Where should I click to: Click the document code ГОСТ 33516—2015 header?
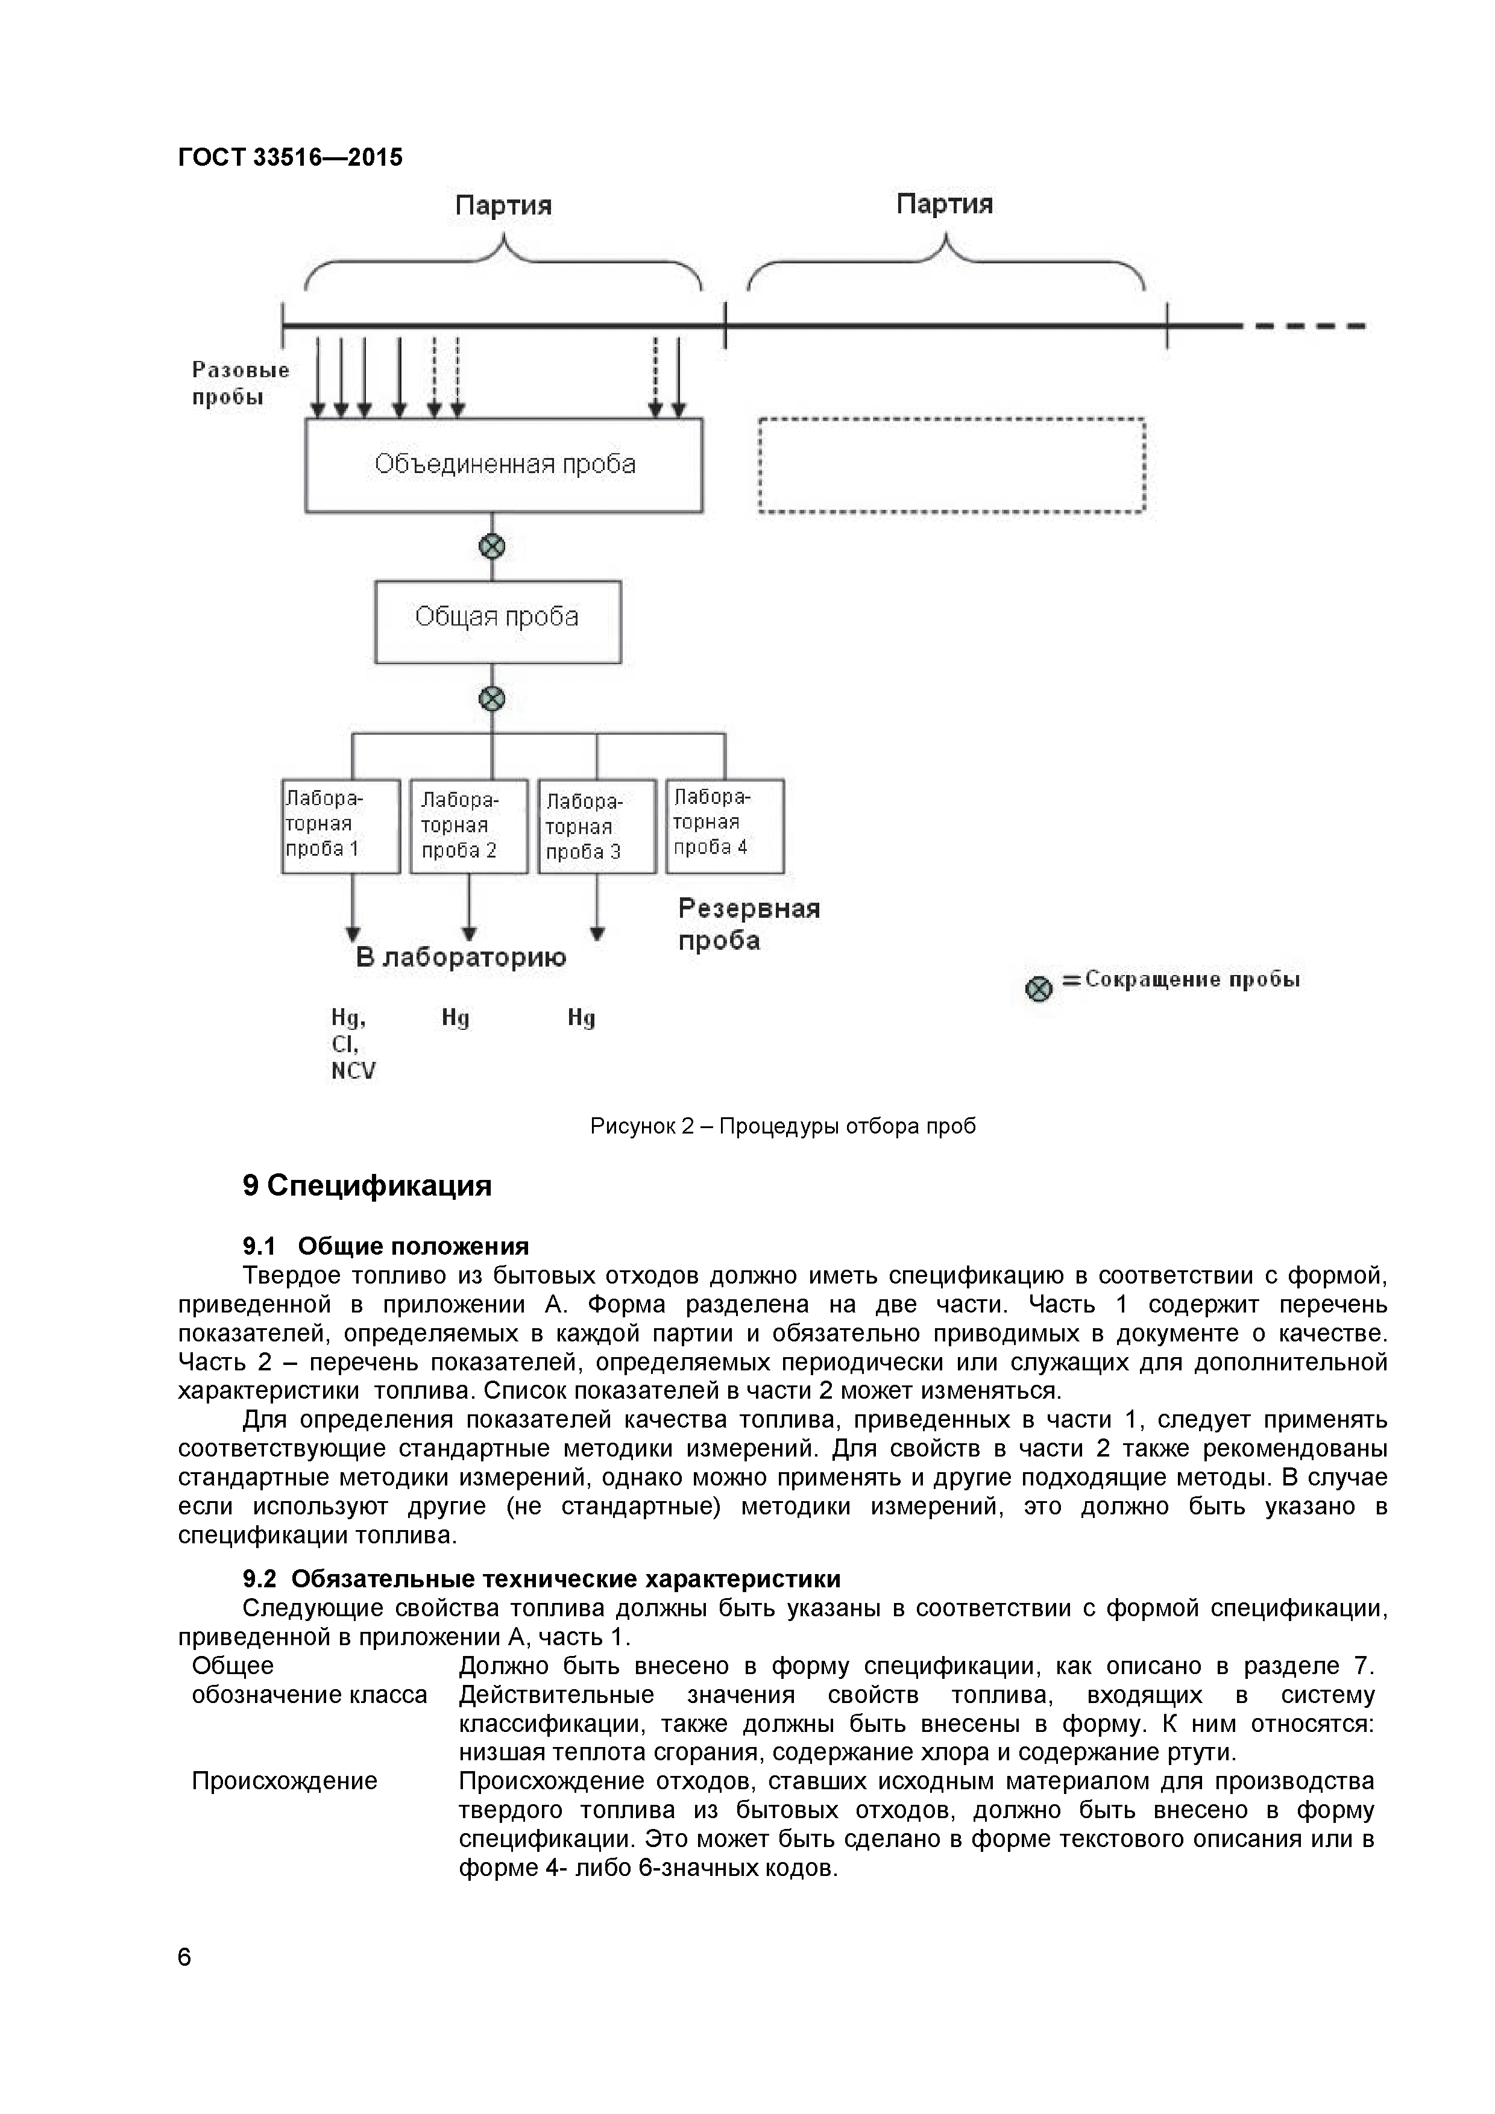pos(290,157)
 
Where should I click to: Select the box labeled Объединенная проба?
pos(504,465)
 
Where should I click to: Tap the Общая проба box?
pos(497,621)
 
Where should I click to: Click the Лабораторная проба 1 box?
pos(341,826)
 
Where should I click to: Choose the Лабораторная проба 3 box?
pos(597,827)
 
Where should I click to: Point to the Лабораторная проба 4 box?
pos(725,826)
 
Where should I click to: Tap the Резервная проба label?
pos(749,924)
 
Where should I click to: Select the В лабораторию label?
pos(461,958)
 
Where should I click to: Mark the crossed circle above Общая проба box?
pos(493,547)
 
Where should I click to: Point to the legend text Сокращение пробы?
pos(1192,980)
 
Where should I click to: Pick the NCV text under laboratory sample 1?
pos(354,1071)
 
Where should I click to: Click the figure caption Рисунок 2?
pos(783,1126)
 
